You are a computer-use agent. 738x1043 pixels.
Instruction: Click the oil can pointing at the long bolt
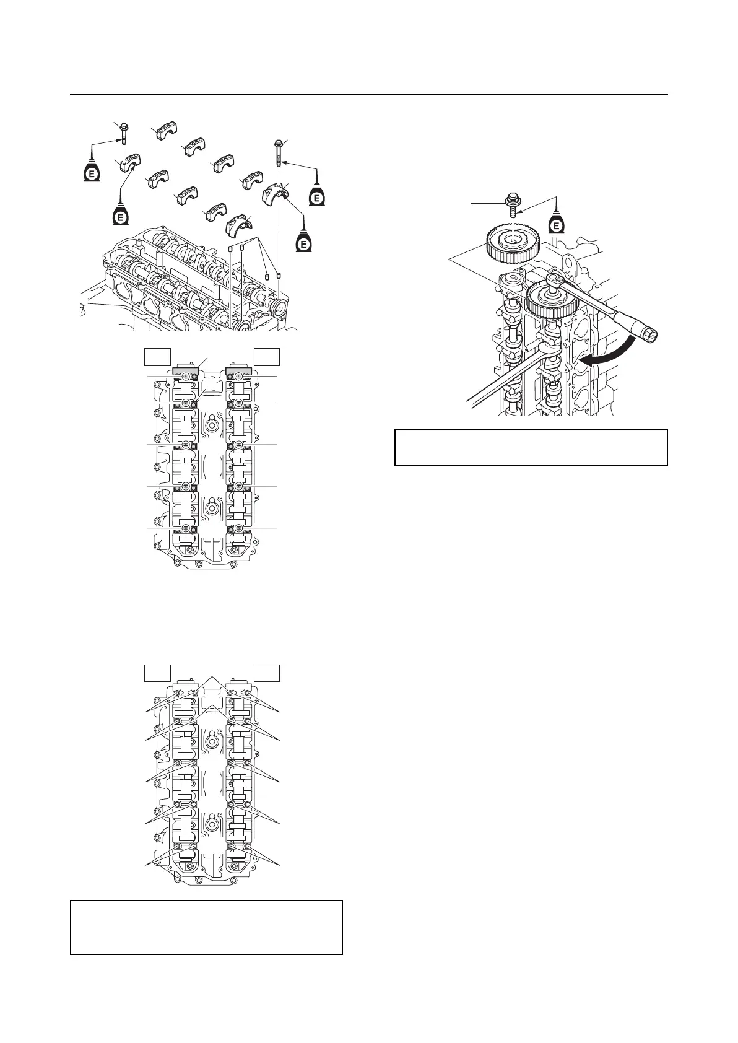coord(316,194)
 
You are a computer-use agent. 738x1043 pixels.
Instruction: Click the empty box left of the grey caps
coord(157,357)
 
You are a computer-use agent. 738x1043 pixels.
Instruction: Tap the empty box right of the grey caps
coord(268,357)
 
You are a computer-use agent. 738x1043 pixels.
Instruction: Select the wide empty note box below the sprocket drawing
coord(531,447)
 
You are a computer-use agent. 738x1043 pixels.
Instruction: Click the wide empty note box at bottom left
coord(206,927)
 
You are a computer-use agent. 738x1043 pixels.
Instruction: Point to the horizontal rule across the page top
coord(369,95)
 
